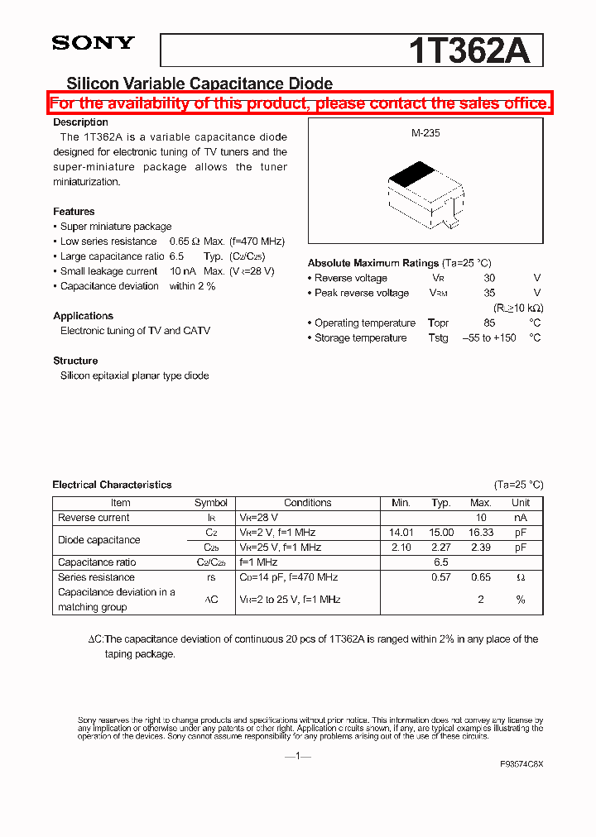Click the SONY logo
(x=93, y=44)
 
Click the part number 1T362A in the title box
(x=469, y=51)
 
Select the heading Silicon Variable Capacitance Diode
(x=199, y=84)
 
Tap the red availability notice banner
(x=300, y=103)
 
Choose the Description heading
(x=80, y=122)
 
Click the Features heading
(x=74, y=212)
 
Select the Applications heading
(x=83, y=316)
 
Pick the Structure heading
(x=75, y=361)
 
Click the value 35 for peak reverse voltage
(x=489, y=293)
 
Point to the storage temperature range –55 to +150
(x=488, y=337)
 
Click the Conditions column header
(x=307, y=503)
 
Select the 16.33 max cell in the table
(x=480, y=533)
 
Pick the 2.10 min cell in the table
(x=401, y=548)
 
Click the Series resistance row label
(x=96, y=577)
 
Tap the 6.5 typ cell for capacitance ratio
(x=441, y=562)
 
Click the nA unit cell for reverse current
(x=520, y=518)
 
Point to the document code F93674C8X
(x=521, y=764)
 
